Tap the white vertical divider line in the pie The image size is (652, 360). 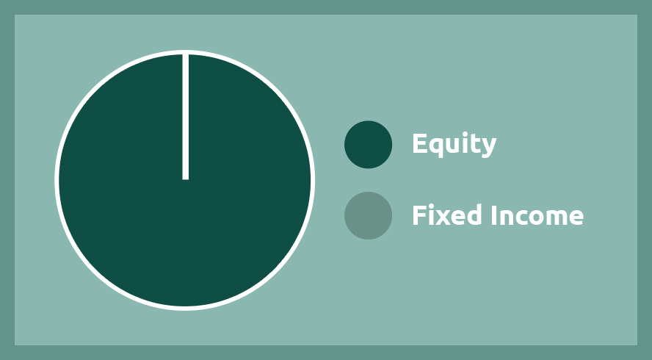(186, 117)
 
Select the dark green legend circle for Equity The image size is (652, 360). (368, 145)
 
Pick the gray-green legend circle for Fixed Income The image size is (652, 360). (368, 215)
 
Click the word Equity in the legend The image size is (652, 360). (454, 145)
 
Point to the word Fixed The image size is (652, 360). (447, 215)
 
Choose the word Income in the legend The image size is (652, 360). (537, 215)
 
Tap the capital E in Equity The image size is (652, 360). (420, 143)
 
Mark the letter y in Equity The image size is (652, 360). (489, 148)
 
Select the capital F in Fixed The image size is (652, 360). (419, 215)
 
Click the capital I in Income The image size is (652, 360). (494, 215)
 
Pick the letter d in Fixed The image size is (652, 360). (474, 215)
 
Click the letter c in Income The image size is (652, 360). (520, 217)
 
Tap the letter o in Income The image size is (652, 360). (535, 217)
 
